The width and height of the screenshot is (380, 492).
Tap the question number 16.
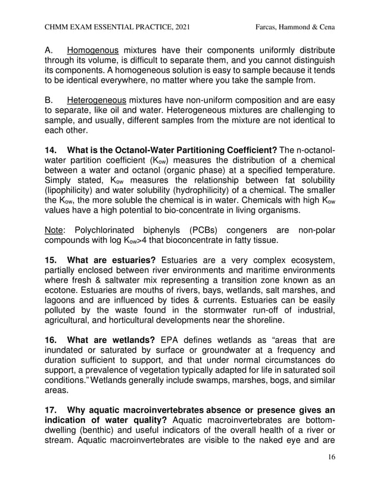point(52,340)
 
